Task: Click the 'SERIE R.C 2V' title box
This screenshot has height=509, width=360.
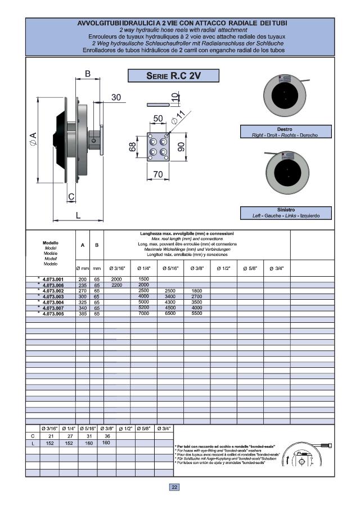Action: [x=173, y=76]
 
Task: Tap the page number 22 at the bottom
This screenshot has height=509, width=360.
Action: [x=174, y=487]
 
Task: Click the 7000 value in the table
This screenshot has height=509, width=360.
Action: [x=143, y=313]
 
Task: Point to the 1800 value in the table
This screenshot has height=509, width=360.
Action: [x=197, y=291]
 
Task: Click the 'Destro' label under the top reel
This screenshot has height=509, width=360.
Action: [x=285, y=129]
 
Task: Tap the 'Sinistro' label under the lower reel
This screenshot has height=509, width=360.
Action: [x=285, y=209]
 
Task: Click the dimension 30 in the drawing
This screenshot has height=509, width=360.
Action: [x=116, y=97]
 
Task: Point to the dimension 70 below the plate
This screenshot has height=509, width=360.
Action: [x=158, y=175]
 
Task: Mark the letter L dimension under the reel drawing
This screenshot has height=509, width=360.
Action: [x=78, y=215]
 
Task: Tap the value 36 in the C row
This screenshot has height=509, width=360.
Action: [x=107, y=436]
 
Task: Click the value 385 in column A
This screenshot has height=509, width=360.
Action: [x=83, y=313]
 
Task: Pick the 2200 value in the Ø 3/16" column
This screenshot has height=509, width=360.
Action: [x=116, y=285]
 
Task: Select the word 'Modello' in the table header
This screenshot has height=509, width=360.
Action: [x=51, y=242]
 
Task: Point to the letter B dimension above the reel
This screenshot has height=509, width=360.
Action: [x=88, y=74]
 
